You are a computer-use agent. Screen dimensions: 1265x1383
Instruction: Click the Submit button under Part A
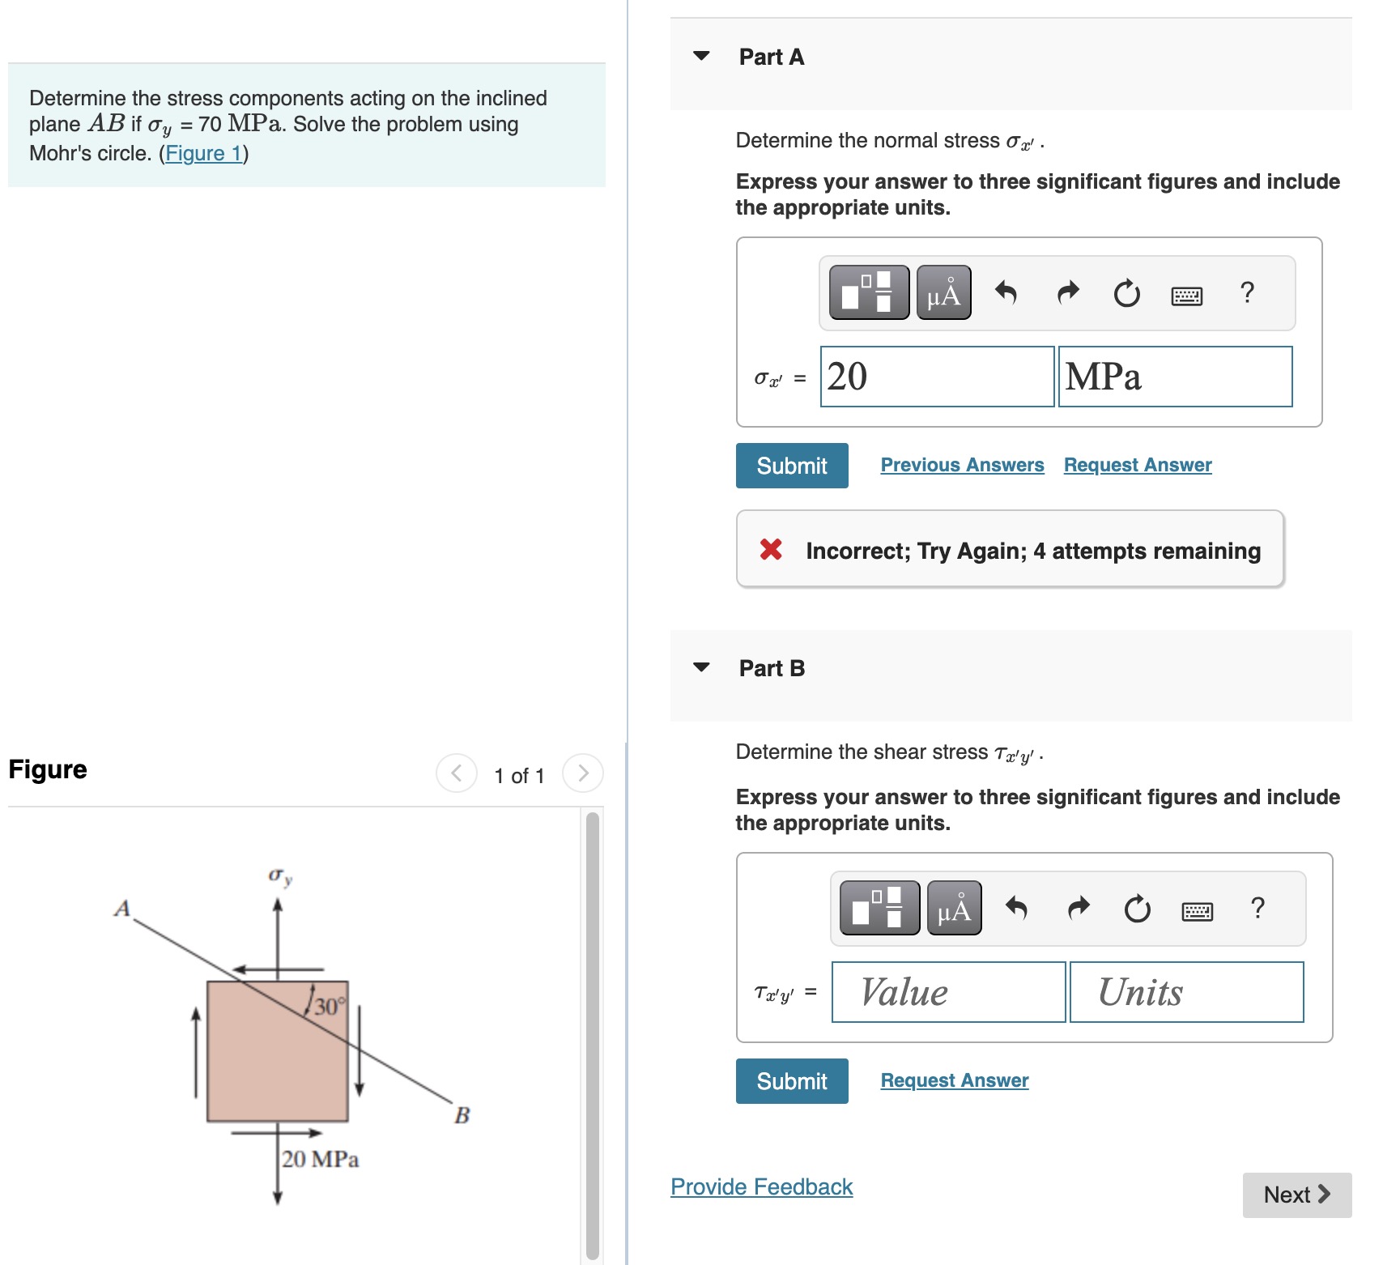click(791, 466)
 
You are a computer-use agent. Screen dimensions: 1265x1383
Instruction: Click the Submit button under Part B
click(791, 1081)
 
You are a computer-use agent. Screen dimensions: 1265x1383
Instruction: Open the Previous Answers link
click(962, 465)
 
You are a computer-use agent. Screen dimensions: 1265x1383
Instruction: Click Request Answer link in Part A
click(1137, 465)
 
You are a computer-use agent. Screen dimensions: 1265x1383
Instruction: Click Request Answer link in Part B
click(954, 1080)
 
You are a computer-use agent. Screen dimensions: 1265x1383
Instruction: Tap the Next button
click(1296, 1195)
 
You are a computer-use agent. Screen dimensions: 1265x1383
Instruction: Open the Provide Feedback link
click(761, 1186)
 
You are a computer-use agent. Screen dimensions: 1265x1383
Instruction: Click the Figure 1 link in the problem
click(204, 153)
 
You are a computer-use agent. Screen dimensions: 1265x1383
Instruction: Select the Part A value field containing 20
click(937, 377)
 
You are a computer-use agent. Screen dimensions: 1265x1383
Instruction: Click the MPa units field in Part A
click(1174, 377)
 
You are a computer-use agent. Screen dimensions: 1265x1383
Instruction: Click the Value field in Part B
click(947, 992)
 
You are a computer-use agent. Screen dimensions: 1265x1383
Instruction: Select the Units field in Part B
click(1186, 992)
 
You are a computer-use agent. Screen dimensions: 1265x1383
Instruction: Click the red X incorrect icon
click(771, 550)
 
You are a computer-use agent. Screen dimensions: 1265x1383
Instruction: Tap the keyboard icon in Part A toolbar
click(1186, 296)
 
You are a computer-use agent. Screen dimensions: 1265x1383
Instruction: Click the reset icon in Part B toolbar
click(1137, 909)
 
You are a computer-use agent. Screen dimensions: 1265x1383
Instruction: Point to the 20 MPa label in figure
click(320, 1159)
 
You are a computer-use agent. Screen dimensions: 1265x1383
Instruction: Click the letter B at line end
click(462, 1115)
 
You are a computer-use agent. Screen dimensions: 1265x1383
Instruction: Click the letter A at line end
click(122, 908)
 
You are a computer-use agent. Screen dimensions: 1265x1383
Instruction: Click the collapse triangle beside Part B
click(701, 667)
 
